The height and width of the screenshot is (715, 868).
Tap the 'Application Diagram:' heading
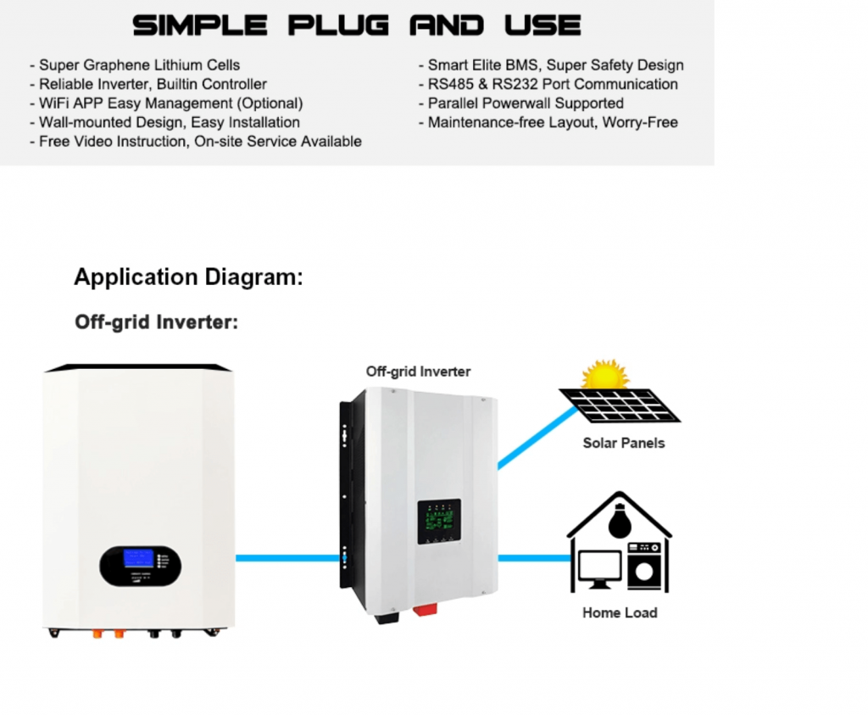(188, 277)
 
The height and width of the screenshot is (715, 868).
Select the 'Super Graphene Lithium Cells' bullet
(139, 64)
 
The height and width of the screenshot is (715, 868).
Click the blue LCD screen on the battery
(137, 558)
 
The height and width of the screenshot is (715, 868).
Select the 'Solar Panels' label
(624, 443)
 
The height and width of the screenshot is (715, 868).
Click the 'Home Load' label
(620, 612)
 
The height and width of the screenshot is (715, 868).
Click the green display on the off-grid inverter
(439, 519)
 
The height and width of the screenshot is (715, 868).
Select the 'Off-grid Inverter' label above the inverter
(418, 371)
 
